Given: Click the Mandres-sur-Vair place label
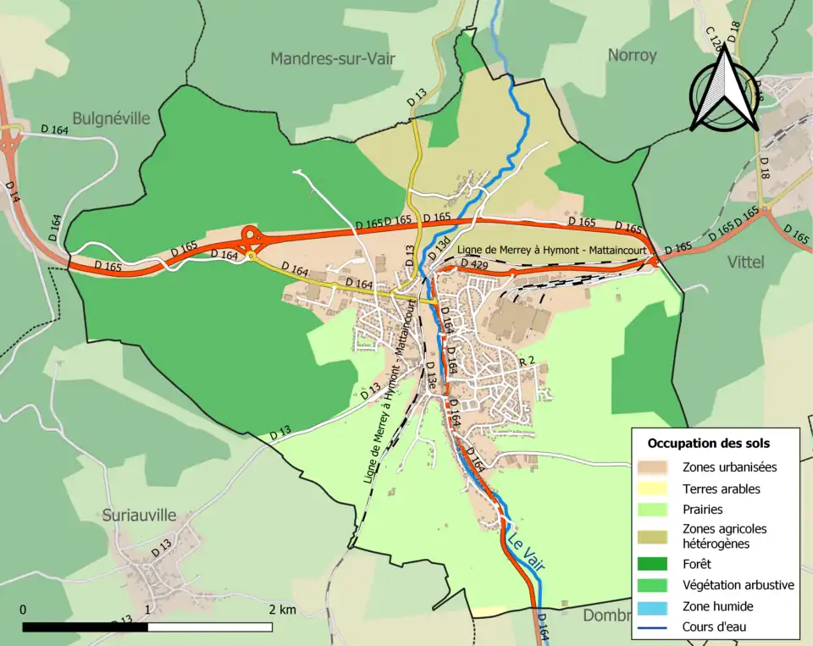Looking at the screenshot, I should (333, 58).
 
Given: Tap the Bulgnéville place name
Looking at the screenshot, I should (111, 119).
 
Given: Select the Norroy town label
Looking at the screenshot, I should (632, 56).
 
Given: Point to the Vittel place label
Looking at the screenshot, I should (745, 262).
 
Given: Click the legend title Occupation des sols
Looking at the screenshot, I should (708, 443).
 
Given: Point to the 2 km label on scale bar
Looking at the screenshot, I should (282, 610).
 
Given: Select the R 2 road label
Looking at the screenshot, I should (527, 362).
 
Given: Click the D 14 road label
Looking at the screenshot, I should (13, 192).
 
